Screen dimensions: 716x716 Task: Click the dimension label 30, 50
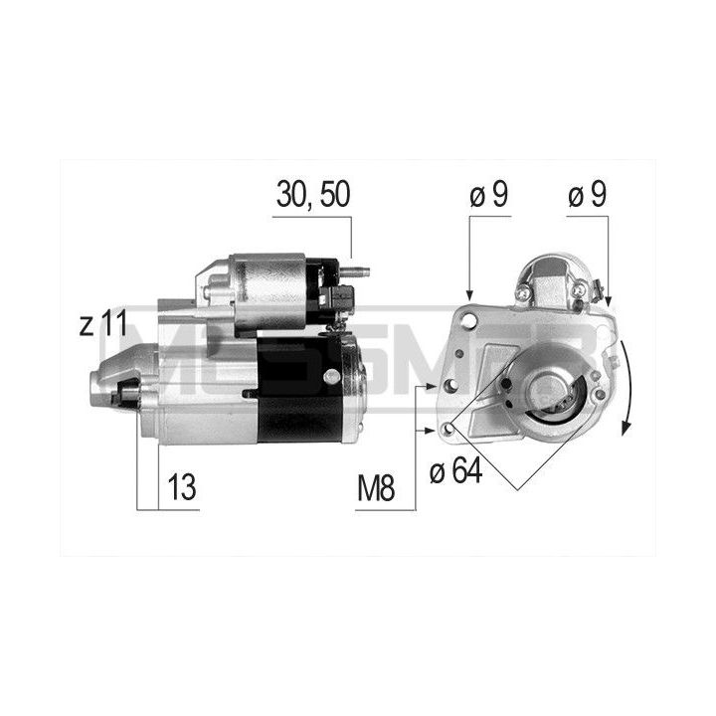click(x=313, y=194)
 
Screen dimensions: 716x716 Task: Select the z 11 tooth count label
click(x=103, y=324)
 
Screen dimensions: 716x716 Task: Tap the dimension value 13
click(x=182, y=486)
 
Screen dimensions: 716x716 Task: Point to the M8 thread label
click(x=376, y=488)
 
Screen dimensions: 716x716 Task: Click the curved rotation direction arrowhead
click(x=626, y=428)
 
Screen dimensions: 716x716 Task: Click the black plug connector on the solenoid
click(x=338, y=298)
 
